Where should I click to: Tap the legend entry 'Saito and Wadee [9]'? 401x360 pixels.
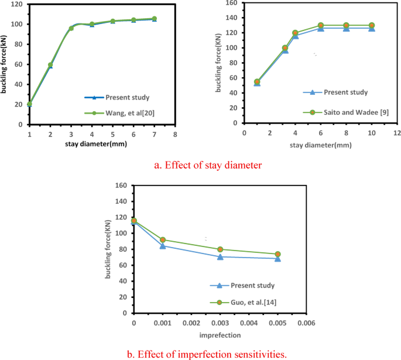pos(348,112)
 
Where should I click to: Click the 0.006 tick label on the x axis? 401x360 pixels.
pos(307,323)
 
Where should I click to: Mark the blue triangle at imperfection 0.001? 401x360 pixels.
pos(163,246)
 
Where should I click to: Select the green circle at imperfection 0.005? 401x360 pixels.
pos(278,254)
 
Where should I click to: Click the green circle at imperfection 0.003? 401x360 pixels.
pos(220,249)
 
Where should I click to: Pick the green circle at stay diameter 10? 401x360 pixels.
pos(372,26)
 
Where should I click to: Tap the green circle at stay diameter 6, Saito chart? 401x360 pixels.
pos(321,26)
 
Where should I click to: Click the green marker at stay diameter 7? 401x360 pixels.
pos(154,19)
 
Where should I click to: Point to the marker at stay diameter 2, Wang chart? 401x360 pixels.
pos(50,65)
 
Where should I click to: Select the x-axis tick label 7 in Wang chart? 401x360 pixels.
pos(154,134)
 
